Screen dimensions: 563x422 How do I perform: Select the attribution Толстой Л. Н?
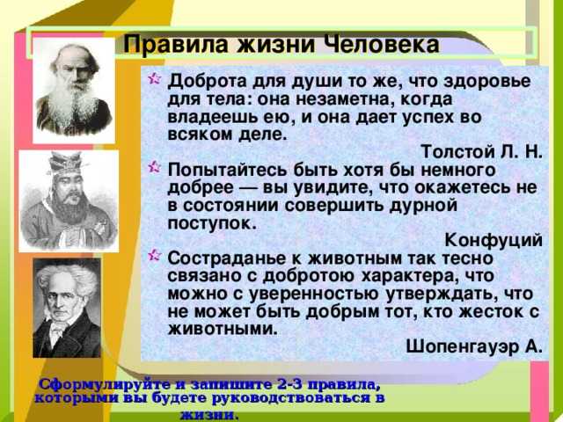(x=481, y=152)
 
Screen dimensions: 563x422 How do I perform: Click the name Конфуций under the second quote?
(x=494, y=240)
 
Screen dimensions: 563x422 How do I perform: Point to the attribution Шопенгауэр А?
(x=473, y=346)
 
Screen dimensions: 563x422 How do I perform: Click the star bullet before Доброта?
(x=154, y=78)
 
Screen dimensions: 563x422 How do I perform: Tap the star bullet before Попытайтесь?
(x=154, y=167)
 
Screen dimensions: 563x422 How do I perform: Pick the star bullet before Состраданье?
(x=154, y=255)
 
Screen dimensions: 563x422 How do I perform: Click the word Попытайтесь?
(x=229, y=170)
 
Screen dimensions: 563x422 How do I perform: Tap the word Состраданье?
(x=230, y=258)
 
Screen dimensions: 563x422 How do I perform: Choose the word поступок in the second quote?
(x=212, y=223)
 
